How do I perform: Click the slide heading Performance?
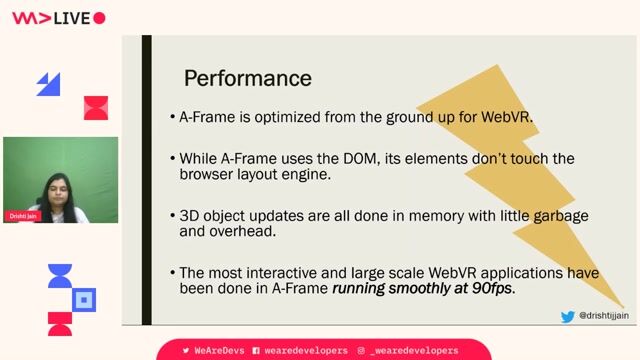point(247,78)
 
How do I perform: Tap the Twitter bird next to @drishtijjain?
point(568,316)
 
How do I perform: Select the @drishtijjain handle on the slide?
point(604,316)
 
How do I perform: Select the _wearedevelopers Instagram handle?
point(414,351)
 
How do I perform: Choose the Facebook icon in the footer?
point(257,351)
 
